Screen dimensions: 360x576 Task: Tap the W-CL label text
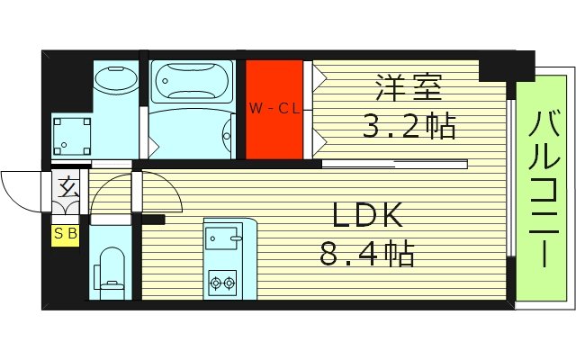pos(275,110)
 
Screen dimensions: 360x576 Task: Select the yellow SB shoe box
pos(65,235)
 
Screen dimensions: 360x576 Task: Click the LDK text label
pos(368,215)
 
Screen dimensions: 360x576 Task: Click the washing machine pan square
pos(71,135)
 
